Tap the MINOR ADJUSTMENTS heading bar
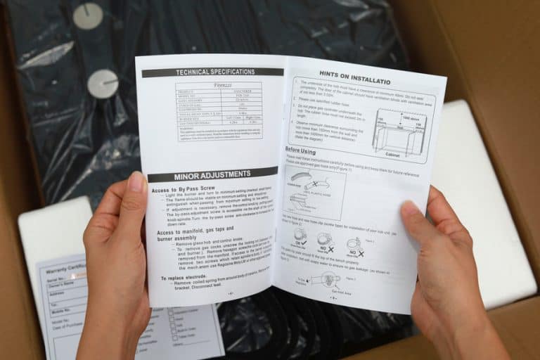tap(212, 174)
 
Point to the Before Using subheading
tap(300, 150)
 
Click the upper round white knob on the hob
tap(88, 15)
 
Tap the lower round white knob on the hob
tap(103, 84)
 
